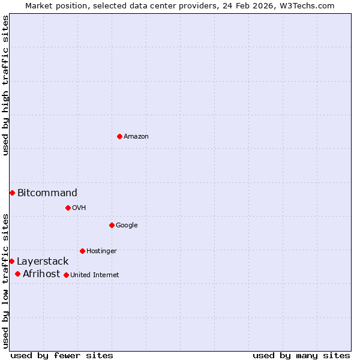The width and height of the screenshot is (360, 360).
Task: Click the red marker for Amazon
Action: tap(119, 136)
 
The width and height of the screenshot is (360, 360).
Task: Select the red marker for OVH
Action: tap(68, 208)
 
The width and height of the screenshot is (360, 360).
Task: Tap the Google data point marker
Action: tap(112, 225)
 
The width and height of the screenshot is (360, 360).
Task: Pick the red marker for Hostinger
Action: tap(82, 251)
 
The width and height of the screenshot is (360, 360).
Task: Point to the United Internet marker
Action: tap(66, 275)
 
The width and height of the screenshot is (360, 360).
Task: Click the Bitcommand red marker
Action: tap(12, 193)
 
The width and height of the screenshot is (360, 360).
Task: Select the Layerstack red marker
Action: tap(11, 261)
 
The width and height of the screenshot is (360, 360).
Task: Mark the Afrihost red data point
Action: tap(17, 274)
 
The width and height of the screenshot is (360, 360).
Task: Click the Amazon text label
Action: tap(136, 137)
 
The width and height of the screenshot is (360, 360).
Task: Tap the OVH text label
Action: tap(79, 208)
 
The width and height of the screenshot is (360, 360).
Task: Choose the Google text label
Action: tap(127, 226)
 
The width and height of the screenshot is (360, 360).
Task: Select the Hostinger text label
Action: tap(101, 251)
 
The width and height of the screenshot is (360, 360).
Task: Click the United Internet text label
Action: tap(94, 275)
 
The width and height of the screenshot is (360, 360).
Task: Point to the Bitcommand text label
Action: tap(47, 193)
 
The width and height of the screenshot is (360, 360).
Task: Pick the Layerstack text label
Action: tap(43, 262)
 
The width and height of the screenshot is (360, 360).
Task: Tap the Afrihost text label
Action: tap(41, 274)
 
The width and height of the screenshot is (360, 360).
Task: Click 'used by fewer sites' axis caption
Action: tap(62, 355)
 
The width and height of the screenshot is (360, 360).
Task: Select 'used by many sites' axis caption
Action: tap(301, 355)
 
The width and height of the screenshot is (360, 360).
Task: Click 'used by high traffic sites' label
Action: tap(5, 85)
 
